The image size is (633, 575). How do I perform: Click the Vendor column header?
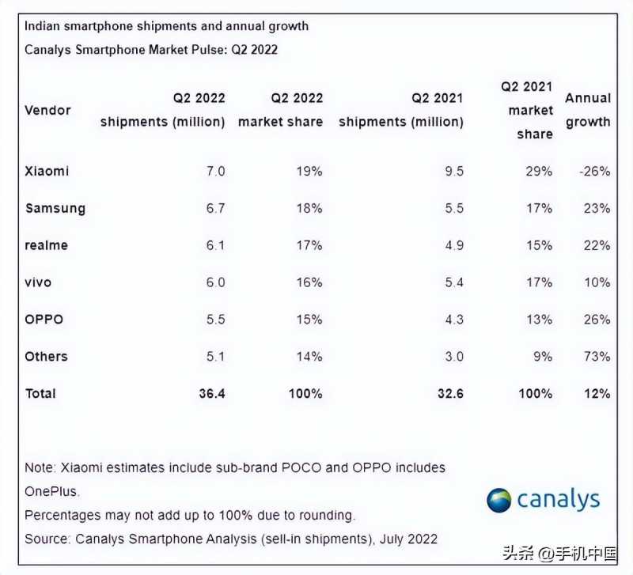tap(47, 110)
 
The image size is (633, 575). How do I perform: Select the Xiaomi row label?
tap(47, 171)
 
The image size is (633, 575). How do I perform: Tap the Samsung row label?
tap(55, 208)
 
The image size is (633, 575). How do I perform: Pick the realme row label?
tap(47, 245)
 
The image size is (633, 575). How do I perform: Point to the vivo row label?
tap(39, 282)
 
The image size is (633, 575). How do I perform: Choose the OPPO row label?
tap(44, 320)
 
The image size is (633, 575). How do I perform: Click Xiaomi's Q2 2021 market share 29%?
tap(538, 171)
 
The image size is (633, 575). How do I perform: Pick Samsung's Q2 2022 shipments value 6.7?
tap(214, 208)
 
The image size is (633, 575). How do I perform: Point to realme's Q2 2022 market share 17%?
tap(308, 245)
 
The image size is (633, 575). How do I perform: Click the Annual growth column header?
tap(587, 110)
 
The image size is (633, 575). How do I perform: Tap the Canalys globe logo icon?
tap(499, 500)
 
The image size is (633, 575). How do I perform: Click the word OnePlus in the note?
tap(51, 491)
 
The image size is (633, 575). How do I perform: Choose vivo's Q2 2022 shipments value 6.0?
tap(214, 282)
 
